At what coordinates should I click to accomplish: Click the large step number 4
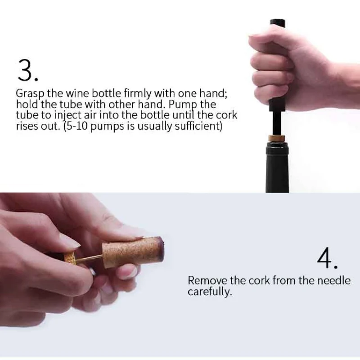pyautogui.click(x=327, y=258)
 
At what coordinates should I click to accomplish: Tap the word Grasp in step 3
pyautogui.click(x=31, y=94)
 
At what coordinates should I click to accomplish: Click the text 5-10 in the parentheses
pyautogui.click(x=76, y=126)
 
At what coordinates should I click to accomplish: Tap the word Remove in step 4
pyautogui.click(x=207, y=280)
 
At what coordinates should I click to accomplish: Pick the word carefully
pyautogui.click(x=210, y=292)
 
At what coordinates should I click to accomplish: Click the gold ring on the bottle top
pyautogui.click(x=277, y=139)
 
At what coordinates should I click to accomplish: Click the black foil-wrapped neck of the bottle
pyautogui.click(x=277, y=167)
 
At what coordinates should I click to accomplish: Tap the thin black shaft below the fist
pyautogui.click(x=277, y=123)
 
